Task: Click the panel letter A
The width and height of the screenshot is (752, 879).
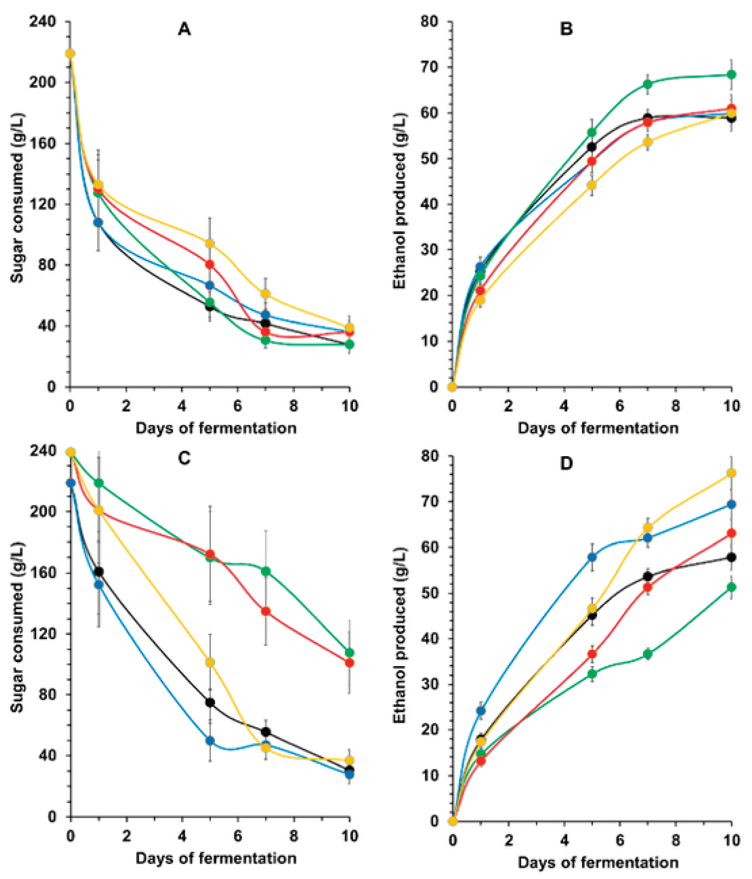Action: coord(184,30)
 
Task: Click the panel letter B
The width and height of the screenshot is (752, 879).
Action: coord(566,30)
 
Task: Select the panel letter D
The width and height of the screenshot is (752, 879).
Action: coord(566,464)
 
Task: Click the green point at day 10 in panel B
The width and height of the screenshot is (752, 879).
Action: coord(731,75)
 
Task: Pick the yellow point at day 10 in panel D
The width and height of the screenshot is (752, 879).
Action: coord(731,473)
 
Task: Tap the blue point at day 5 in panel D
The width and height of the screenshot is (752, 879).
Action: coord(592,557)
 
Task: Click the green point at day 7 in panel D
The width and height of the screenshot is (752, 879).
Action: coord(648,654)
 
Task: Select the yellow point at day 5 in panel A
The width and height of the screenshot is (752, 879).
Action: coord(210,243)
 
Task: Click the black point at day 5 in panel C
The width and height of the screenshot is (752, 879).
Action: coord(210,703)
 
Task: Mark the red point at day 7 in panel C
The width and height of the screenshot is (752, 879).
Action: coord(266,611)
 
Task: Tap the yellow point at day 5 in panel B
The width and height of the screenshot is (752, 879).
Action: coord(592,185)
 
